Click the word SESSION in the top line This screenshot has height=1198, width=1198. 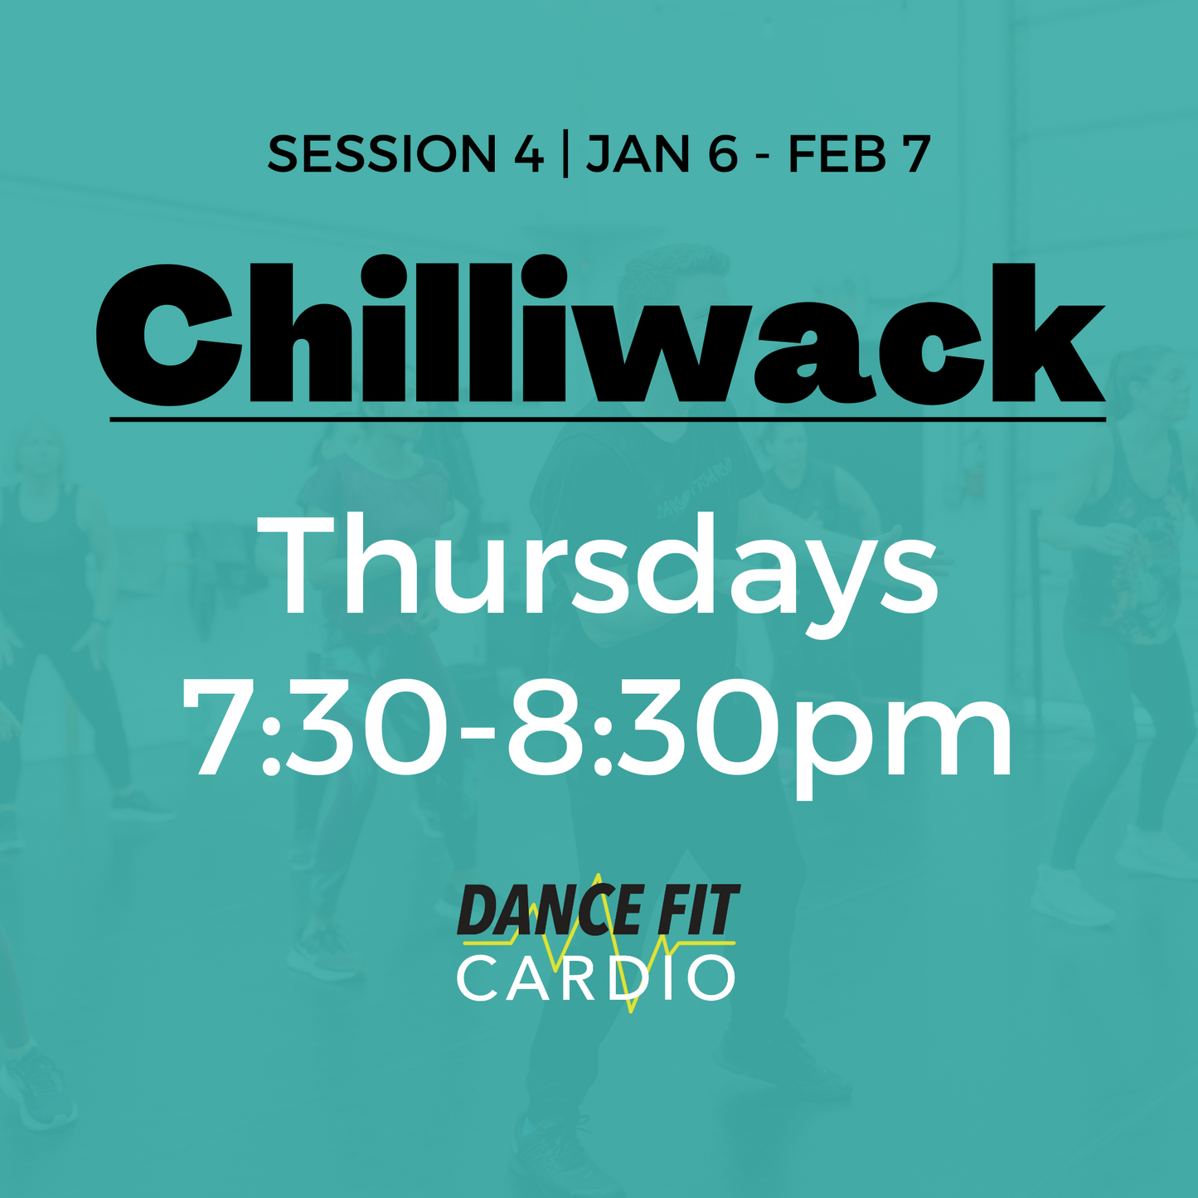pyautogui.click(x=381, y=154)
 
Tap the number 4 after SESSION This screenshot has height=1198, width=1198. pyautogui.click(x=527, y=154)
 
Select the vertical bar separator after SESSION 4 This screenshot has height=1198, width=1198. pyautogui.click(x=565, y=155)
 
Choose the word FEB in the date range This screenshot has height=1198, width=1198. pyautogui.click(x=837, y=154)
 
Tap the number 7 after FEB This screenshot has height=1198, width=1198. pyautogui.click(x=916, y=155)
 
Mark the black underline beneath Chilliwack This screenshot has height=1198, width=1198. pyautogui.click(x=608, y=420)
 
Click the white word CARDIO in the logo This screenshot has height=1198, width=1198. pyautogui.click(x=596, y=978)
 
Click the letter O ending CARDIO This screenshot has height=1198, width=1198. pyautogui.click(x=712, y=979)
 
